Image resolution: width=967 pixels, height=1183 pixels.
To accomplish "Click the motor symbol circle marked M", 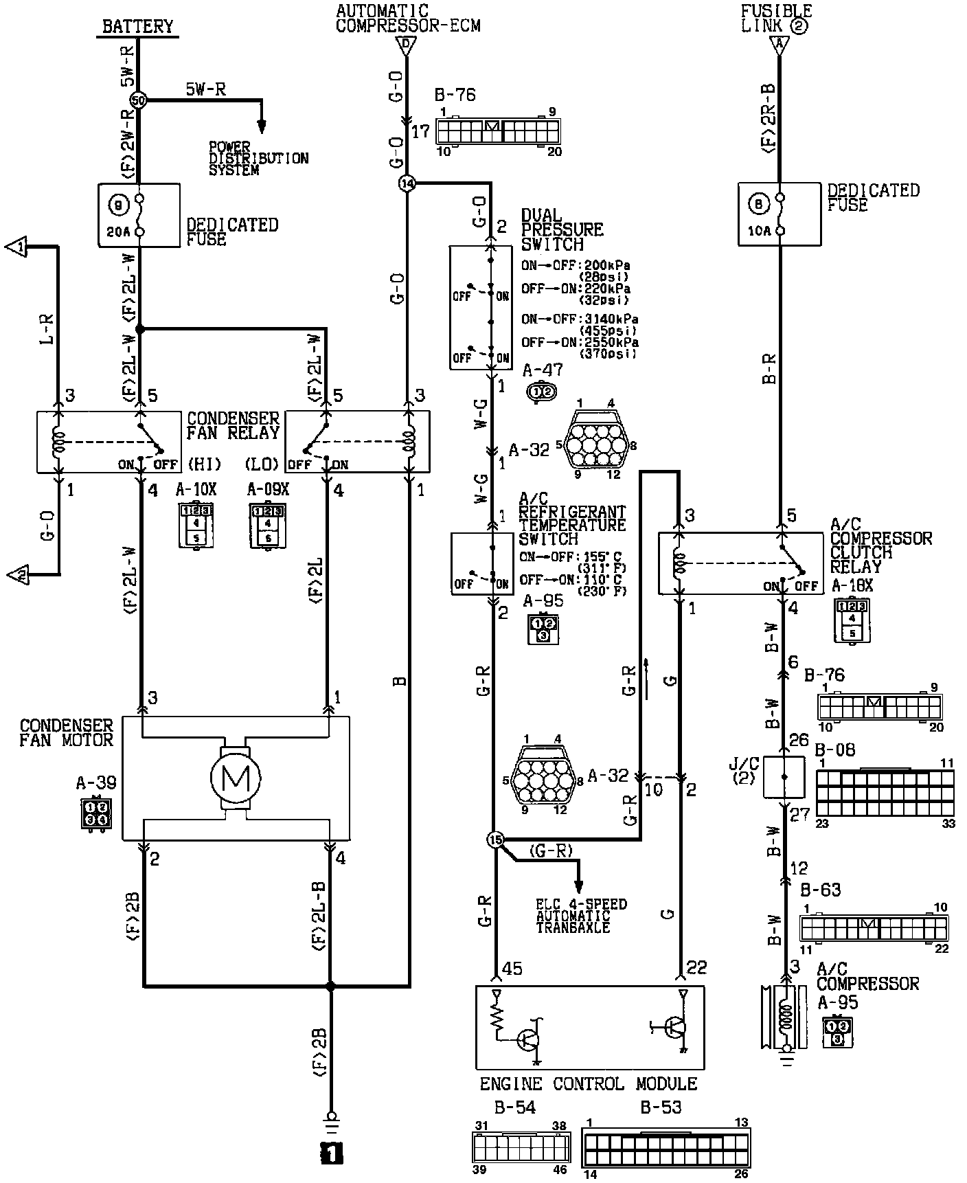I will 236,778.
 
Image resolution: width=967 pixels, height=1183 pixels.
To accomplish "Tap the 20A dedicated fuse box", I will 139,214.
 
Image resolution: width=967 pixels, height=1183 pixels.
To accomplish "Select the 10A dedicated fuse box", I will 779,214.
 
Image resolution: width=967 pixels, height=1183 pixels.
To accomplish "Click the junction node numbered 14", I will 407,183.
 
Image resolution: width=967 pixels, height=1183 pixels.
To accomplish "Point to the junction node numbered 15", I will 495,840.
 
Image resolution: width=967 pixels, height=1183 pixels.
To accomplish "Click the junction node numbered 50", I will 139,100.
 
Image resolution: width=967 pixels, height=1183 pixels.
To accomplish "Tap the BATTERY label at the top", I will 137,27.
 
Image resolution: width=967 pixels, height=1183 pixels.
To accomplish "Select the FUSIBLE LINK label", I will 776,19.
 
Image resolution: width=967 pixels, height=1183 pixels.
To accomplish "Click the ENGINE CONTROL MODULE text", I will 588,1084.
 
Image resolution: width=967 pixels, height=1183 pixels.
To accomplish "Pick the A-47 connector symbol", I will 541,392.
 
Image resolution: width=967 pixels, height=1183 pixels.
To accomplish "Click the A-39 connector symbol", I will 95,813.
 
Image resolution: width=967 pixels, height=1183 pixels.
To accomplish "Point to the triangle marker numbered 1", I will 18,246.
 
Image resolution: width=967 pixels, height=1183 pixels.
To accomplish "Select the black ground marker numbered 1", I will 331,1153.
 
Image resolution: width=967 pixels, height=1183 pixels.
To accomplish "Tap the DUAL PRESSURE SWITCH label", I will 561,229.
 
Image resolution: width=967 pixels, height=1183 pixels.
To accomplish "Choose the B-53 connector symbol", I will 665,1149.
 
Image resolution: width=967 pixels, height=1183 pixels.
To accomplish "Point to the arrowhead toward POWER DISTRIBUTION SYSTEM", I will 261,127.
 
